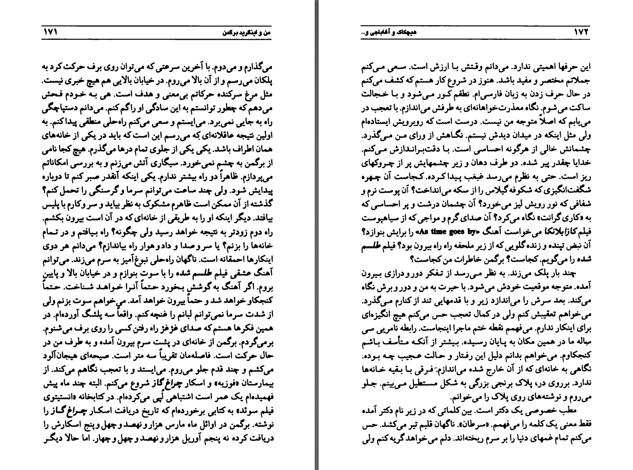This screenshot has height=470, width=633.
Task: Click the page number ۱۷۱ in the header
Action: pyautogui.click(x=50, y=33)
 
